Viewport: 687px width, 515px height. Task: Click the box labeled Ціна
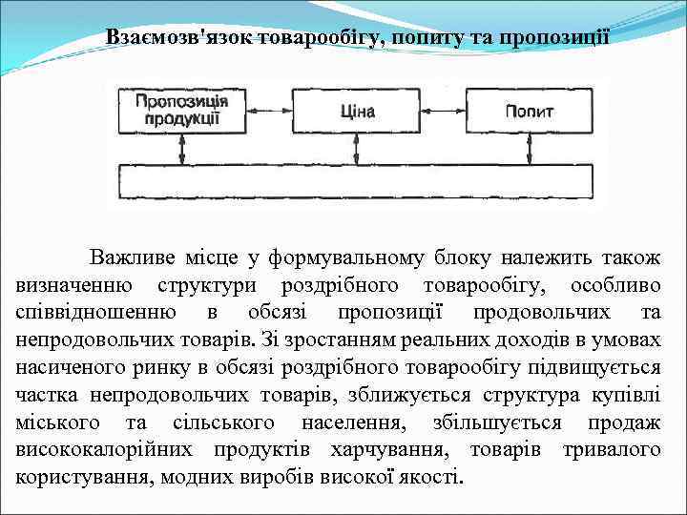coord(357,113)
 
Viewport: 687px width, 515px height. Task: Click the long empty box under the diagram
coord(355,180)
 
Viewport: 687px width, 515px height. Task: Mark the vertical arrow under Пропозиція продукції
coord(182,149)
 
